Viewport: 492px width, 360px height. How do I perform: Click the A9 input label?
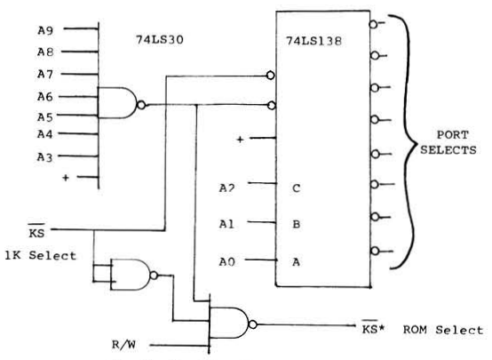pos(45,30)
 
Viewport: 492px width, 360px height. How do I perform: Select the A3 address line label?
pos(45,157)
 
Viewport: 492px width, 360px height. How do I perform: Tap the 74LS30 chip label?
pos(159,40)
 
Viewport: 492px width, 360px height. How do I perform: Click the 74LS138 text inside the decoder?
pos(313,41)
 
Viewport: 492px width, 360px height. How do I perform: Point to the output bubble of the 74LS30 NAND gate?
pos(141,105)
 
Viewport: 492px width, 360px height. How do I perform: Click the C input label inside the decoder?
pos(297,188)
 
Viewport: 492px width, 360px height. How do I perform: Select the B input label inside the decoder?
pos(297,224)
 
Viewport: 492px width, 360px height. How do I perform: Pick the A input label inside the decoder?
pos(296,261)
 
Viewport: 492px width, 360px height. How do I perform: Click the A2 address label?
pos(226,188)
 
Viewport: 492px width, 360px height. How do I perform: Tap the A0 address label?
pos(226,261)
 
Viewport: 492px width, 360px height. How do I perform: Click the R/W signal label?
pos(124,345)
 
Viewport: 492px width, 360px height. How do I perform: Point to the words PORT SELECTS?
pos(448,142)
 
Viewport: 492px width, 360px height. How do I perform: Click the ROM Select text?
pos(443,330)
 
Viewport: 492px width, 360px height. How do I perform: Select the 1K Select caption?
pos(41,255)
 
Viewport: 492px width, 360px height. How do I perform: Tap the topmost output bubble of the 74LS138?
pos(373,24)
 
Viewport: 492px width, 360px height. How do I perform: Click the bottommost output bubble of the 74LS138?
pos(375,251)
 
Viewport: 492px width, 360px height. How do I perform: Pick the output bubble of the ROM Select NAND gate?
pos(253,324)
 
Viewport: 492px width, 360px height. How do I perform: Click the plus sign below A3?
pos(65,178)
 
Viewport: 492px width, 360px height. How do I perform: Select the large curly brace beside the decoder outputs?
pos(409,142)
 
